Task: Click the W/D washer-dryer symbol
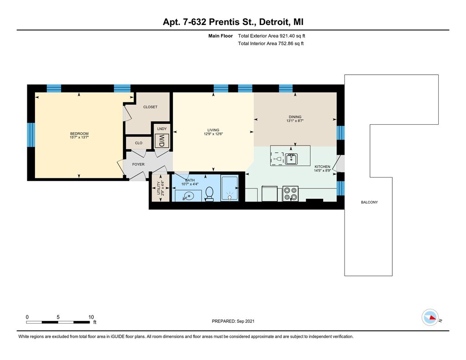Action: click(x=162, y=141)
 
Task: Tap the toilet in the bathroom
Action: click(x=209, y=194)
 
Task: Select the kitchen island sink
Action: click(x=291, y=159)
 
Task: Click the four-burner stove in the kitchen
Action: click(x=290, y=193)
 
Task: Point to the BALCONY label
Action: click(x=370, y=202)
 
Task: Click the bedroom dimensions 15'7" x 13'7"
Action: click(x=79, y=137)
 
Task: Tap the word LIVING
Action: click(x=213, y=130)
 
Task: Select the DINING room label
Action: click(x=295, y=117)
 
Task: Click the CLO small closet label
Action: click(x=139, y=143)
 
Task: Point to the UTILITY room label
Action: click(x=158, y=188)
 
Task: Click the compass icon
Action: click(x=430, y=318)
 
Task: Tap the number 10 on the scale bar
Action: click(x=91, y=317)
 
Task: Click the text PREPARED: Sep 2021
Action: click(x=233, y=321)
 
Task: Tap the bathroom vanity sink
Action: click(x=188, y=196)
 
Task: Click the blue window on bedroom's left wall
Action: click(x=31, y=135)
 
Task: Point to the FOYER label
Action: click(x=138, y=164)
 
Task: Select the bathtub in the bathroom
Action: click(x=229, y=188)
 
